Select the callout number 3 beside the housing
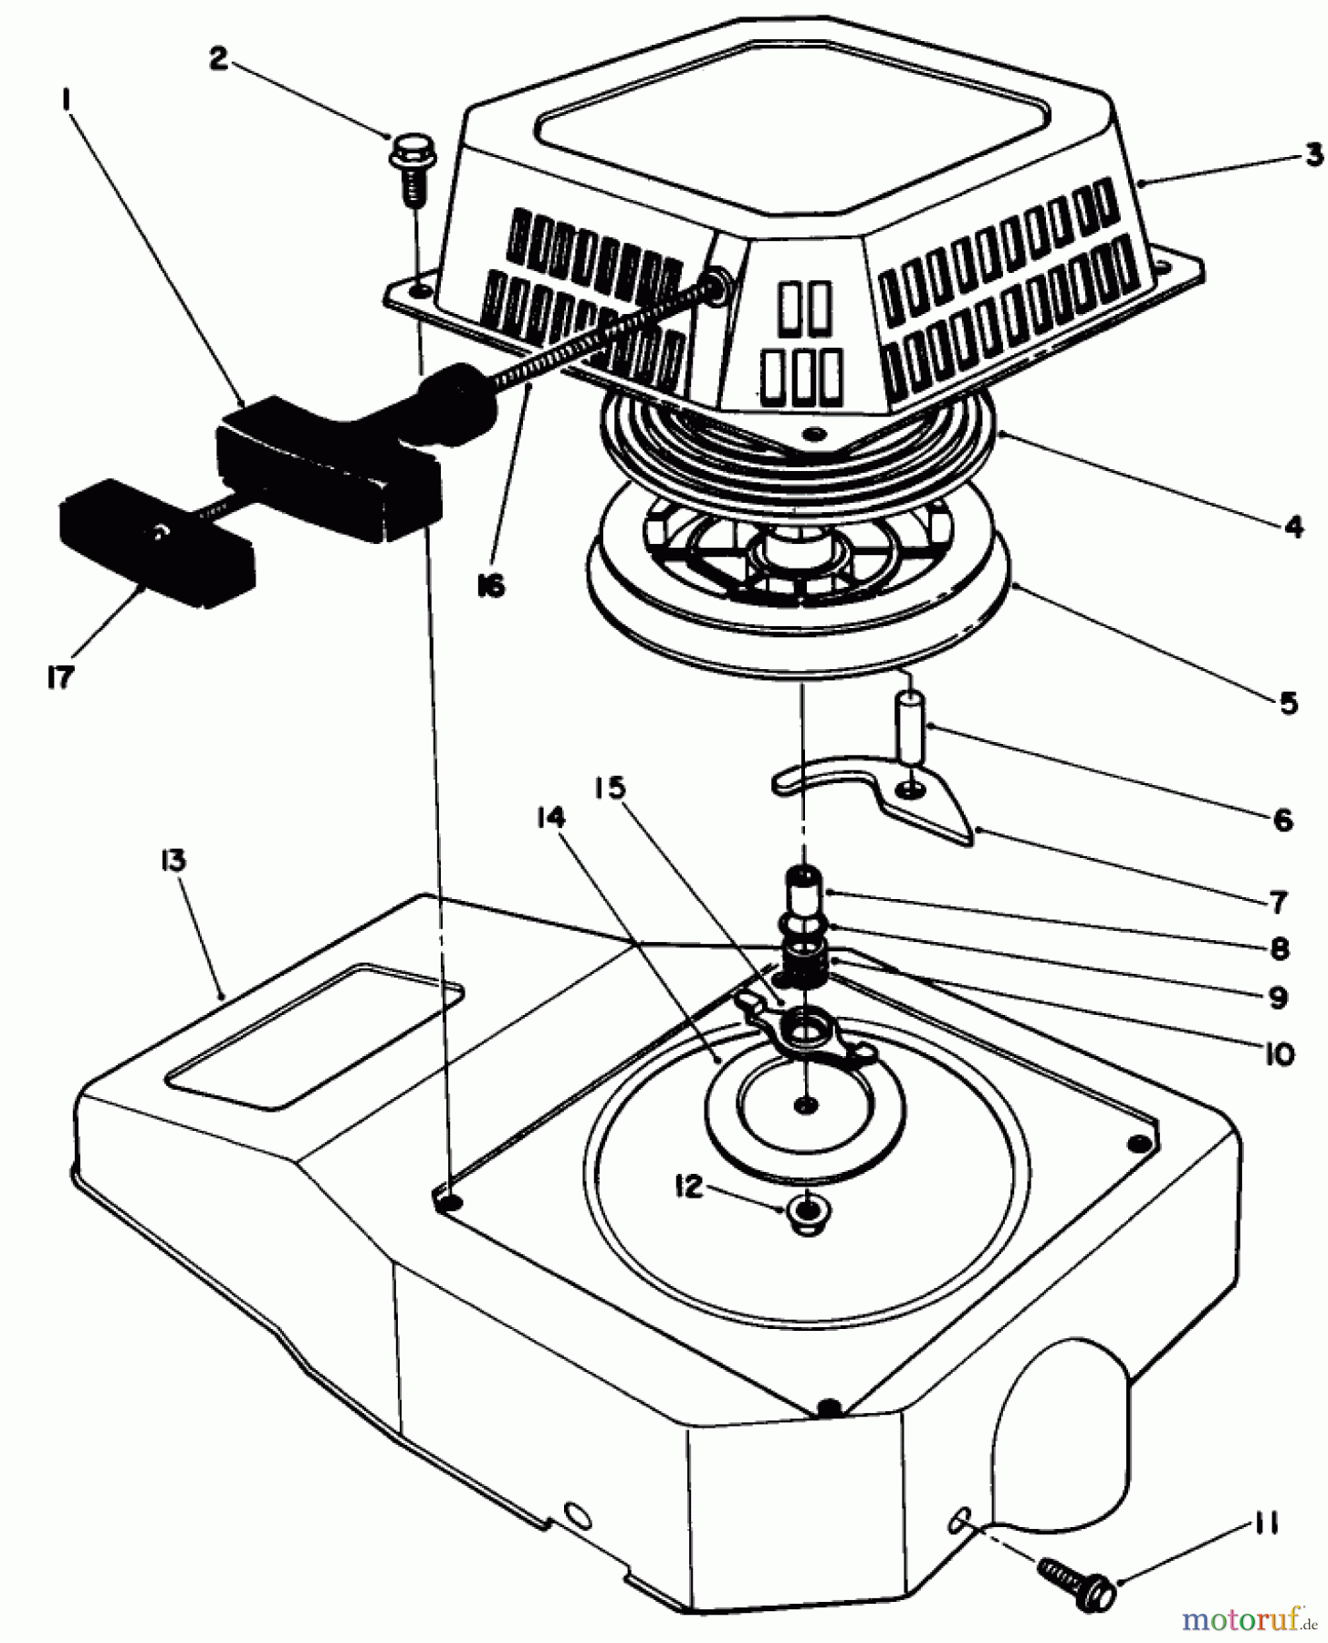coord(1312,155)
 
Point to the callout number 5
coord(1288,703)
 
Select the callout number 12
coord(690,1187)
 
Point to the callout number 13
coord(176,859)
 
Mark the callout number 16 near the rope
coord(490,586)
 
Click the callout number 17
coord(60,678)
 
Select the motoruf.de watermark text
coord(1250,1620)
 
